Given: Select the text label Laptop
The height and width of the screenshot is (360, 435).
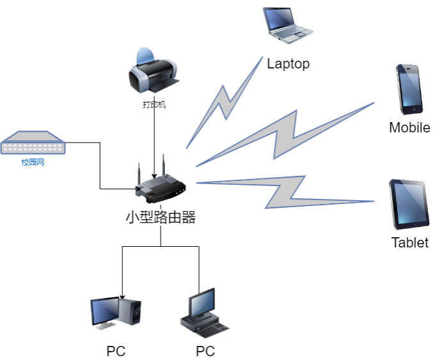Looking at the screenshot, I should pyautogui.click(x=289, y=63).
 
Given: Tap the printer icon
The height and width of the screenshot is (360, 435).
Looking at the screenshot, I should pyautogui.click(x=152, y=71).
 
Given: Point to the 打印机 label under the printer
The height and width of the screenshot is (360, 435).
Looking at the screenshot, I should pyautogui.click(x=154, y=104).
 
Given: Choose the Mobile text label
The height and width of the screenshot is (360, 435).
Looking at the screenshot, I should pyautogui.click(x=410, y=127).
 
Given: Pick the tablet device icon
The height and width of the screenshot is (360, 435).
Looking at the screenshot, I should pyautogui.click(x=408, y=205).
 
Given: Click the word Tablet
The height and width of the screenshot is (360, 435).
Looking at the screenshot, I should pyautogui.click(x=410, y=243).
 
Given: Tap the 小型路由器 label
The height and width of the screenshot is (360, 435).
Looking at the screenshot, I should pyautogui.click(x=160, y=217).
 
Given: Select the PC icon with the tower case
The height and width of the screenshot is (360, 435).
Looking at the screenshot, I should pyautogui.click(x=115, y=314).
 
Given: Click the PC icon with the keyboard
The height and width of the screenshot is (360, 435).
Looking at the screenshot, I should pyautogui.click(x=204, y=314).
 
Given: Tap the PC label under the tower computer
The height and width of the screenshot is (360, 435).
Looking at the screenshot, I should pyautogui.click(x=116, y=350).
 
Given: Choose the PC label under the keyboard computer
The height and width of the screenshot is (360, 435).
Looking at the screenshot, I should pyautogui.click(x=205, y=350).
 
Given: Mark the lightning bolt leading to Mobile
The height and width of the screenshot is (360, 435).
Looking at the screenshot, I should pyautogui.click(x=281, y=135).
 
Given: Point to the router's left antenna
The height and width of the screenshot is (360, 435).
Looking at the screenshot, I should pyautogui.click(x=138, y=173).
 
